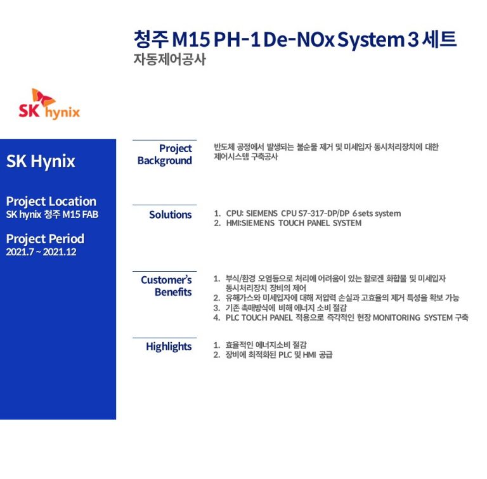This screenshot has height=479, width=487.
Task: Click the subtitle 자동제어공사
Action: [169, 60]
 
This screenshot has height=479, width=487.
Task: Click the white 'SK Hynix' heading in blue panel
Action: [41, 161]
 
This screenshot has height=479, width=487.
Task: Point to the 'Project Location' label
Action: [51, 201]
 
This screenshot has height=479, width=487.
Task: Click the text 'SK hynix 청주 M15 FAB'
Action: [52, 215]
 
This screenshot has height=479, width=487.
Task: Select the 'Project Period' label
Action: [45, 239]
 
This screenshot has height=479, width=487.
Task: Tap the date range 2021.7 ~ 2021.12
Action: [41, 252]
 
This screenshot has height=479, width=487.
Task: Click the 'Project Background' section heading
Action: [165, 155]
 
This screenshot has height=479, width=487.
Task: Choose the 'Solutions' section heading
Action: [170, 215]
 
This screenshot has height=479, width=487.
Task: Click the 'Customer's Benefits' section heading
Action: [166, 286]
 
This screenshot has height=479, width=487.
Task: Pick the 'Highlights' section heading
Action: [169, 347]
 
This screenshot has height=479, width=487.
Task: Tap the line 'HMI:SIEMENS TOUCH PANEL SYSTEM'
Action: [294, 223]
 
